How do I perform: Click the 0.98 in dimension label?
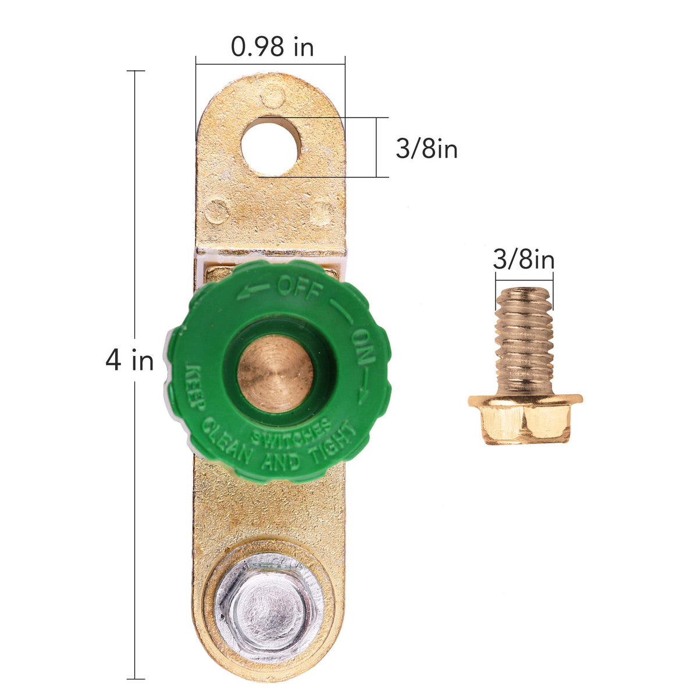pos(272,47)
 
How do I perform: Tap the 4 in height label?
pos(129,360)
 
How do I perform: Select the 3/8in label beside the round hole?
pos(427,148)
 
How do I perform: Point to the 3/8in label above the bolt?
pos(523,259)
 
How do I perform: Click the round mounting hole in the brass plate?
pos(270,148)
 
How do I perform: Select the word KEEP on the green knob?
pos(194,387)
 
